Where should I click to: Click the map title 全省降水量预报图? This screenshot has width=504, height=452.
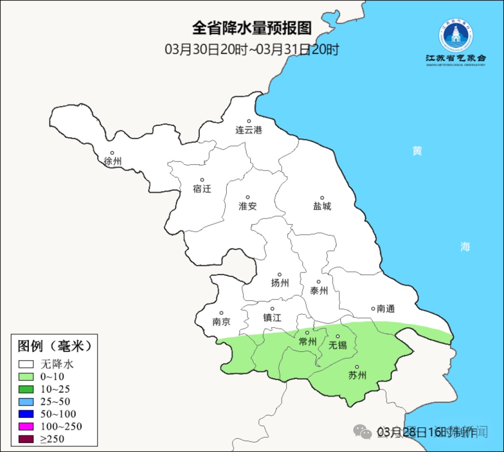pyautogui.click(x=252, y=28)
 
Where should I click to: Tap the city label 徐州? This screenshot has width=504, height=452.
pyautogui.click(x=113, y=161)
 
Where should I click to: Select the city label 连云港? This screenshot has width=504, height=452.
pyautogui.click(x=249, y=130)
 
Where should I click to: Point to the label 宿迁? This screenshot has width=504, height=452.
pyautogui.click(x=202, y=189)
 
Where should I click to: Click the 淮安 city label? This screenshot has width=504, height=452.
pyautogui.click(x=248, y=206)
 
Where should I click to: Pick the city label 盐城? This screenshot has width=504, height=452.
pyautogui.click(x=322, y=206)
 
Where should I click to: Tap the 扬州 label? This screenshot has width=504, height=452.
pyautogui.click(x=280, y=283)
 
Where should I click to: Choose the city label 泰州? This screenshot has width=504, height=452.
pyautogui.click(x=319, y=291)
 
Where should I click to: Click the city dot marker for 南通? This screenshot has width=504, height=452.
pyautogui.click(x=373, y=308)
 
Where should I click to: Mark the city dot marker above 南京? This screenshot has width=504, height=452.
pyautogui.click(x=221, y=313)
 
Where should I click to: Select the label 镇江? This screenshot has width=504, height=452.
pyautogui.click(x=272, y=318)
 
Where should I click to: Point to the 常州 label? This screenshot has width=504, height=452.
pyautogui.click(x=308, y=342)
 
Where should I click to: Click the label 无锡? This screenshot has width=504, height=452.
pyautogui.click(x=338, y=345)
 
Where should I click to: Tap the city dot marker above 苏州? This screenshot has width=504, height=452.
pyautogui.click(x=357, y=367)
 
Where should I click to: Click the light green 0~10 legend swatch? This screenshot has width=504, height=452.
pyautogui.click(x=26, y=376)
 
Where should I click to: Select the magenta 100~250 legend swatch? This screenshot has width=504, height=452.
pyautogui.click(x=26, y=426)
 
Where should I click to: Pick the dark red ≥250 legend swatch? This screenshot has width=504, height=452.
pyautogui.click(x=26, y=438)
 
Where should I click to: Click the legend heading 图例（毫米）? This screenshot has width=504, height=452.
pyautogui.click(x=54, y=346)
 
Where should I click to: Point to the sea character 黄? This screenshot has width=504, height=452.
pyautogui.click(x=417, y=151)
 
